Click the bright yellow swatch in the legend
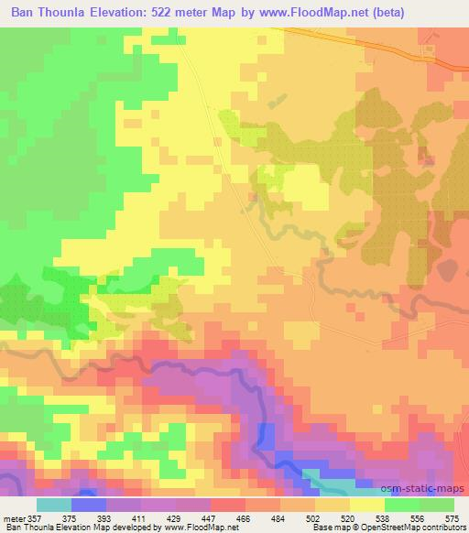tap(367, 505)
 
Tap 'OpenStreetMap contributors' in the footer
tap(415, 527)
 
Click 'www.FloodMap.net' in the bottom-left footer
tap(196, 527)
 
